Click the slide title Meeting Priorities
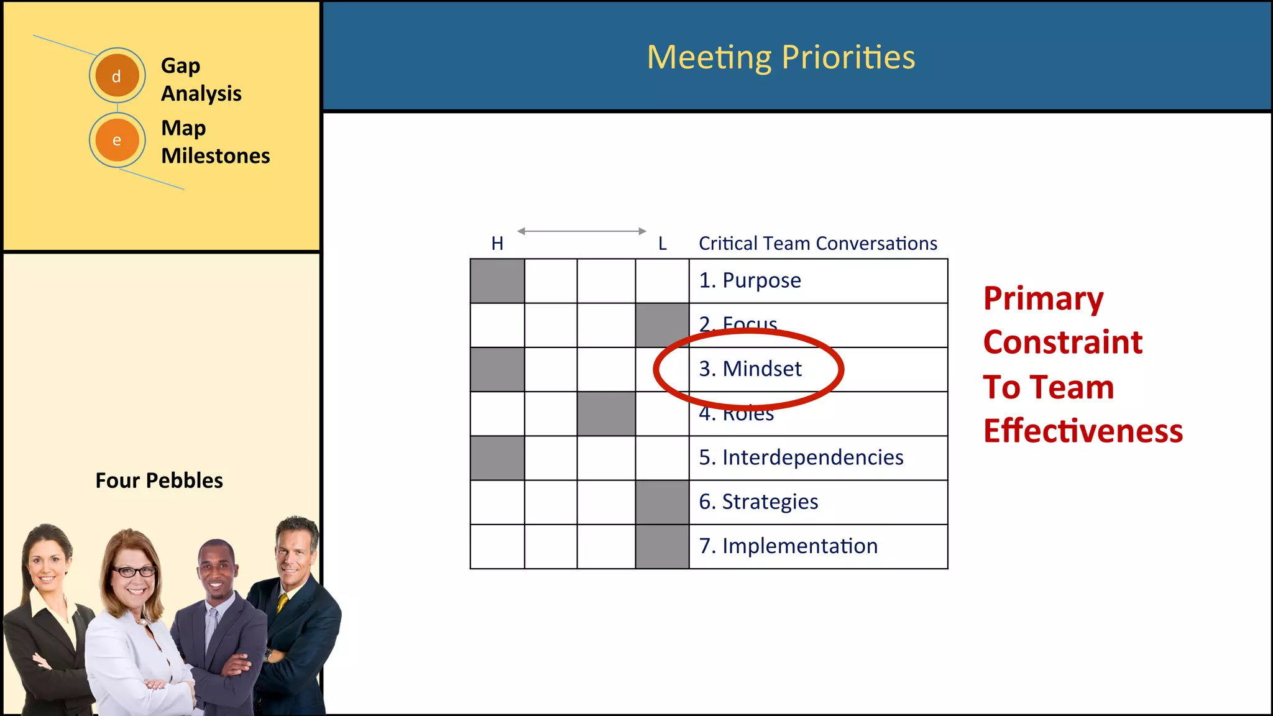tap(781, 57)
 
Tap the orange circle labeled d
tap(117, 76)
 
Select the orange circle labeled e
tap(117, 140)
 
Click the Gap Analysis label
tap(201, 80)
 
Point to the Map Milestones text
tap(215, 142)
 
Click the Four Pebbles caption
tap(159, 480)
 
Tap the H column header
tap(497, 244)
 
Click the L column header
tap(663, 244)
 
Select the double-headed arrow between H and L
tap(582, 231)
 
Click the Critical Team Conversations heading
tap(817, 244)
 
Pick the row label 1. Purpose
tap(750, 280)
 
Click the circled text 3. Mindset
tap(750, 369)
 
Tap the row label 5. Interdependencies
tap(801, 457)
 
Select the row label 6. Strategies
tap(758, 502)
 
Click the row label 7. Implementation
tap(788, 546)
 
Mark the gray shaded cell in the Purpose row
tap(497, 281)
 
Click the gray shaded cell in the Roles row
tap(606, 414)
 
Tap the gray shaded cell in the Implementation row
tap(662, 547)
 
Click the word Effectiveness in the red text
tap(1083, 431)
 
